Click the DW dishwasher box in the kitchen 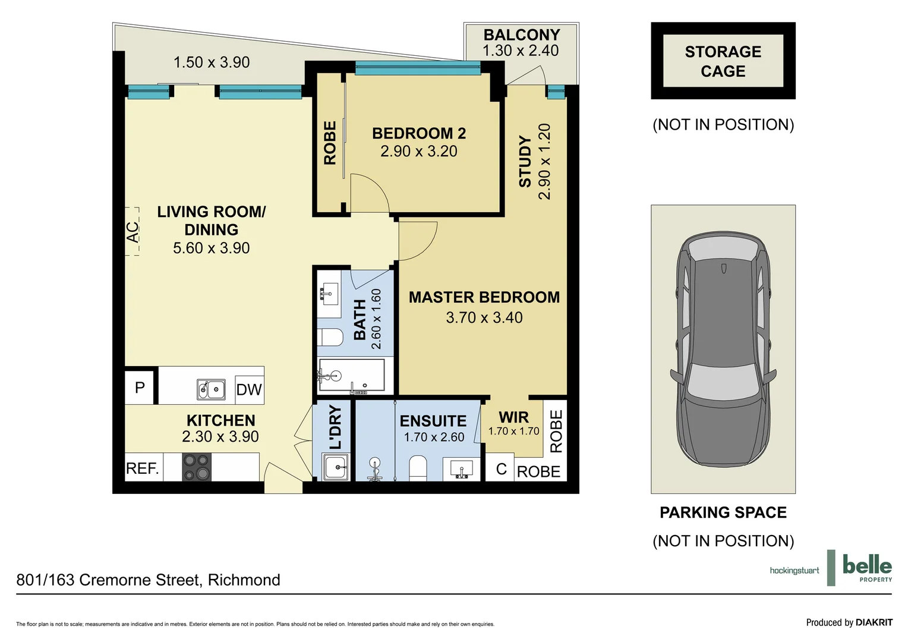tap(250, 389)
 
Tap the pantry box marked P tap(140, 388)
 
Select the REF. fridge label tap(142, 468)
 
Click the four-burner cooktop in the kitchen tap(197, 467)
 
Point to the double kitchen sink tap(211, 389)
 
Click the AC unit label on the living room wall tap(133, 232)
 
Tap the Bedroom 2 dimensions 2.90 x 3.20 tap(419, 151)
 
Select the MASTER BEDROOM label tap(484, 297)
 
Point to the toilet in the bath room tap(330, 337)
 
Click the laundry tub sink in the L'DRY tap(335, 467)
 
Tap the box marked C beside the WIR tap(501, 469)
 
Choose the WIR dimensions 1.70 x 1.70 tap(513, 431)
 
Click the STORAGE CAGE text tap(723, 61)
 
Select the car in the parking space tap(723, 349)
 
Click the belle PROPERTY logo tap(867, 567)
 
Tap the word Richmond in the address tap(244, 580)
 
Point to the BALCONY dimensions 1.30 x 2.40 tap(521, 51)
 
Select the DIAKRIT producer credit tap(874, 622)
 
